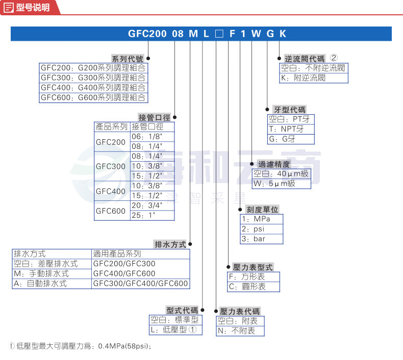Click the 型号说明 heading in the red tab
click(x=33, y=8)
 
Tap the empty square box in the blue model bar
click(x=219, y=34)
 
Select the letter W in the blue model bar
click(x=256, y=34)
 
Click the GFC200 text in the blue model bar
click(x=147, y=34)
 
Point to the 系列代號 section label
click(x=128, y=59)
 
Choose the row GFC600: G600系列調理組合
click(x=93, y=97)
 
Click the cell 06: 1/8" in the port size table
click(x=147, y=137)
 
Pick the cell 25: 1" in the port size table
click(x=143, y=215)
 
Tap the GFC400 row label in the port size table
click(x=111, y=191)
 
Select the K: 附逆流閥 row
click(x=304, y=78)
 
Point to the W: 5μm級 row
click(x=274, y=184)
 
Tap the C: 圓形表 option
click(x=247, y=286)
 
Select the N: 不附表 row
click(x=236, y=331)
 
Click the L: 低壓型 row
click(x=173, y=329)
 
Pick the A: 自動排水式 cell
click(x=40, y=284)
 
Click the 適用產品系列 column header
click(x=117, y=254)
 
